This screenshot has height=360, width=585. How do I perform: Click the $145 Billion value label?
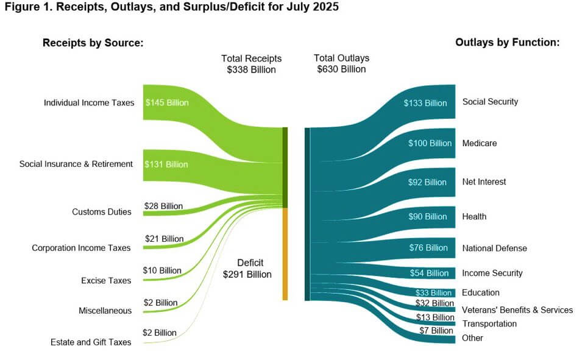[x=167, y=103]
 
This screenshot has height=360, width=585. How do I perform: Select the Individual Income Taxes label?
[x=88, y=103]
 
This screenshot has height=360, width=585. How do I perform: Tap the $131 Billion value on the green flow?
[x=166, y=164]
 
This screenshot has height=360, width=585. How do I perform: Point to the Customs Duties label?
[x=101, y=212]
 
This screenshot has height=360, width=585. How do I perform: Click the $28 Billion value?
[x=163, y=206]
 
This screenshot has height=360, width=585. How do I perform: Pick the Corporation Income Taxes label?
[x=81, y=248]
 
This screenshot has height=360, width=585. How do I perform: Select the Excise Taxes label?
[x=106, y=281]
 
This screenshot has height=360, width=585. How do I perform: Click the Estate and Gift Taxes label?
[x=91, y=342]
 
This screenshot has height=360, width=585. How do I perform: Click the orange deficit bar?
[x=285, y=253]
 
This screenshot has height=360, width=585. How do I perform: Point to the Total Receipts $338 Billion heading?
[x=251, y=64]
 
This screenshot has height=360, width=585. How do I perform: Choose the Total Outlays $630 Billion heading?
[x=341, y=64]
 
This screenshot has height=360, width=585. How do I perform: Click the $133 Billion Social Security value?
[x=425, y=103]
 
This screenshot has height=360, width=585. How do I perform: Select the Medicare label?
[x=479, y=143]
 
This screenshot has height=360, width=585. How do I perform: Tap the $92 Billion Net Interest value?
[x=427, y=182]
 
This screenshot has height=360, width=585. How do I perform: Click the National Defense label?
[x=494, y=248]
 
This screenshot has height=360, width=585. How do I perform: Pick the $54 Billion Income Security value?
[x=427, y=273]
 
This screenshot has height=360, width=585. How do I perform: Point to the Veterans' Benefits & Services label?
[x=517, y=310]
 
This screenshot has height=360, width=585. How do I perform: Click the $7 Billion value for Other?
[x=436, y=331]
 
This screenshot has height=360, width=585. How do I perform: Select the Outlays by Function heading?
[x=507, y=43]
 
